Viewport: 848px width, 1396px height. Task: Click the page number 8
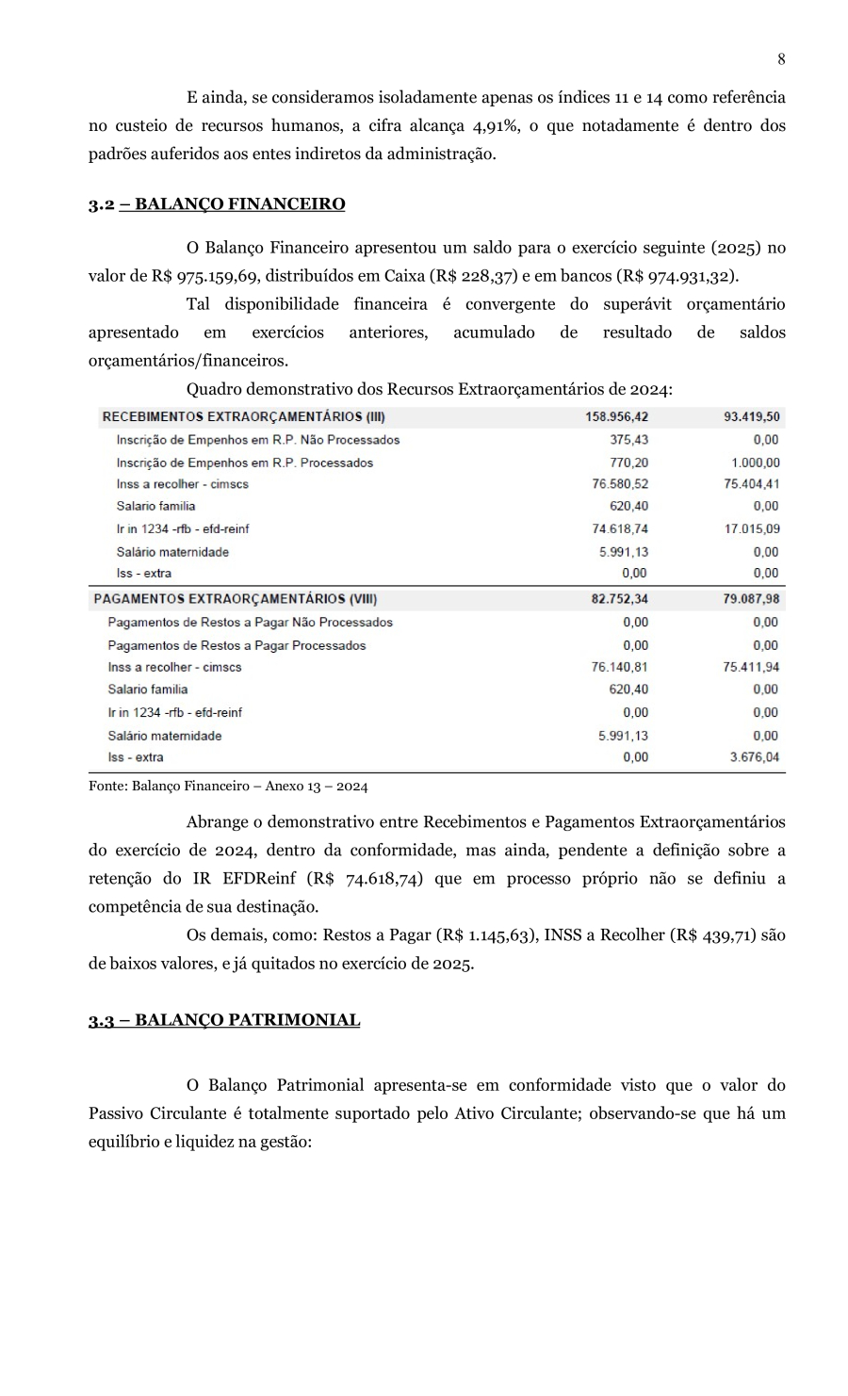point(781,59)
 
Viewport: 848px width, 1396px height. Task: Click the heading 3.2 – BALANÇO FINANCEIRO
point(217,204)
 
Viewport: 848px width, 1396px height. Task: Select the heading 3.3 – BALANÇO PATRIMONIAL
point(224,1020)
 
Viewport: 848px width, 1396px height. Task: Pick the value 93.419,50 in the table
point(751,416)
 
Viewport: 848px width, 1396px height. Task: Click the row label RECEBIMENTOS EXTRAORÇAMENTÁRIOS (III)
point(243,416)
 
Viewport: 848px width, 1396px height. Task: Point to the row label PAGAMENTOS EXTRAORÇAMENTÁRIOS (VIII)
point(236,599)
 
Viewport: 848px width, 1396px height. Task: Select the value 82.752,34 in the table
point(619,599)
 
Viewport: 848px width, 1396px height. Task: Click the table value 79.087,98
point(751,599)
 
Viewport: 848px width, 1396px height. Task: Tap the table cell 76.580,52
point(619,484)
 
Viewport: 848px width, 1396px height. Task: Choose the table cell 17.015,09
point(751,528)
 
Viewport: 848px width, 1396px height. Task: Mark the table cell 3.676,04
point(754,757)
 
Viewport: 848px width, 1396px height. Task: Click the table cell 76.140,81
point(619,667)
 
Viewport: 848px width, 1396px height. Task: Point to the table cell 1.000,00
point(755,463)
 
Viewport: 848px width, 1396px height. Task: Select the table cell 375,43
point(628,440)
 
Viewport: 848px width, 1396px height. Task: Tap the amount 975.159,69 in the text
point(211,277)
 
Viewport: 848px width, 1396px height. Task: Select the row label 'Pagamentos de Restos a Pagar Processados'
point(236,645)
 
